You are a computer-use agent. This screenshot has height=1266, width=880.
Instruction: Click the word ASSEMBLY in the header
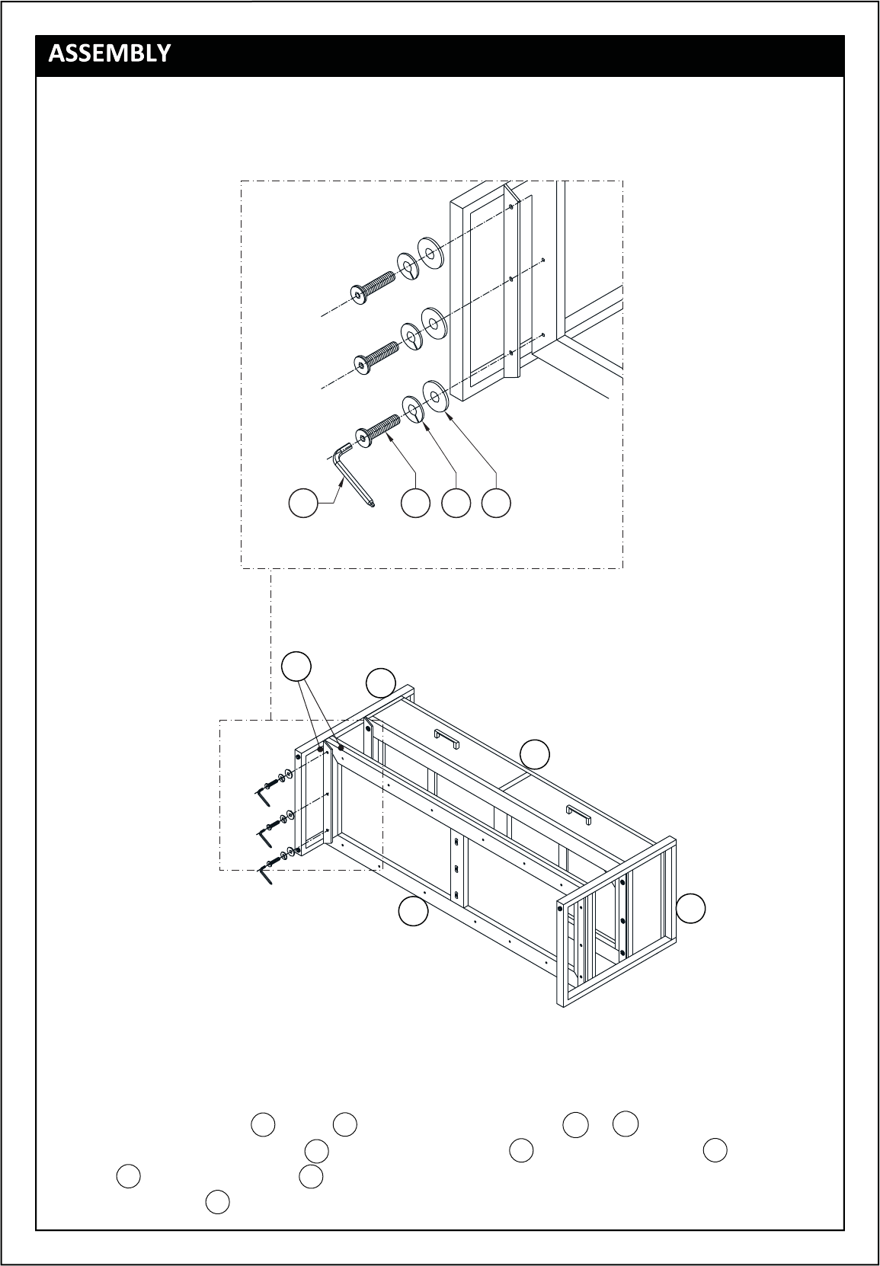[109, 53]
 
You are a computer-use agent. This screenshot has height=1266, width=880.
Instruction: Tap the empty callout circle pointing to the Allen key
[303, 503]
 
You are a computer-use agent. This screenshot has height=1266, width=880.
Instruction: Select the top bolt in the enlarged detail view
[373, 286]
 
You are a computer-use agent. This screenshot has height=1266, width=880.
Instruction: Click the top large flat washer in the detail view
[430, 253]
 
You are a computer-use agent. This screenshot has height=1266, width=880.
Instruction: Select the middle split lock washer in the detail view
[412, 337]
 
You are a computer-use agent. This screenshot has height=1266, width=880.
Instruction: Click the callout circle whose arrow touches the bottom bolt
[415, 503]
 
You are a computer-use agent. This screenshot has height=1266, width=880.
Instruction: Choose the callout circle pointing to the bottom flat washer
[496, 503]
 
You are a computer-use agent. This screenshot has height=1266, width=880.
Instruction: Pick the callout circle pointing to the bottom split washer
[456, 503]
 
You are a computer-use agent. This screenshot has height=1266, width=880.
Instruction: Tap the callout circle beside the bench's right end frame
[690, 909]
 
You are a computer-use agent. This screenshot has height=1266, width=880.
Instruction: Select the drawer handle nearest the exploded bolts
[446, 738]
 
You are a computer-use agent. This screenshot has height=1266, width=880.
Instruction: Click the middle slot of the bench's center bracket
[456, 868]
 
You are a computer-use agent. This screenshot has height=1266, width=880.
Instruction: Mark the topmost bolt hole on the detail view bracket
[511, 206]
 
